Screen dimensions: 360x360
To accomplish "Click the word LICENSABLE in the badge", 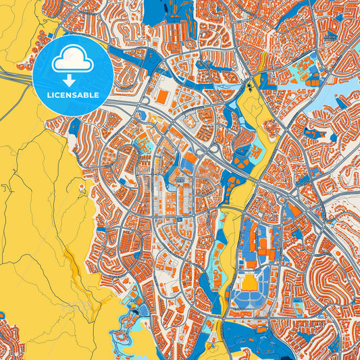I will coord(73,95).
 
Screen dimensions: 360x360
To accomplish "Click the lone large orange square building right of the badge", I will coord(161,97).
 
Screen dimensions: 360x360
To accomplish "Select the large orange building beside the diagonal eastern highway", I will coord(296,211).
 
